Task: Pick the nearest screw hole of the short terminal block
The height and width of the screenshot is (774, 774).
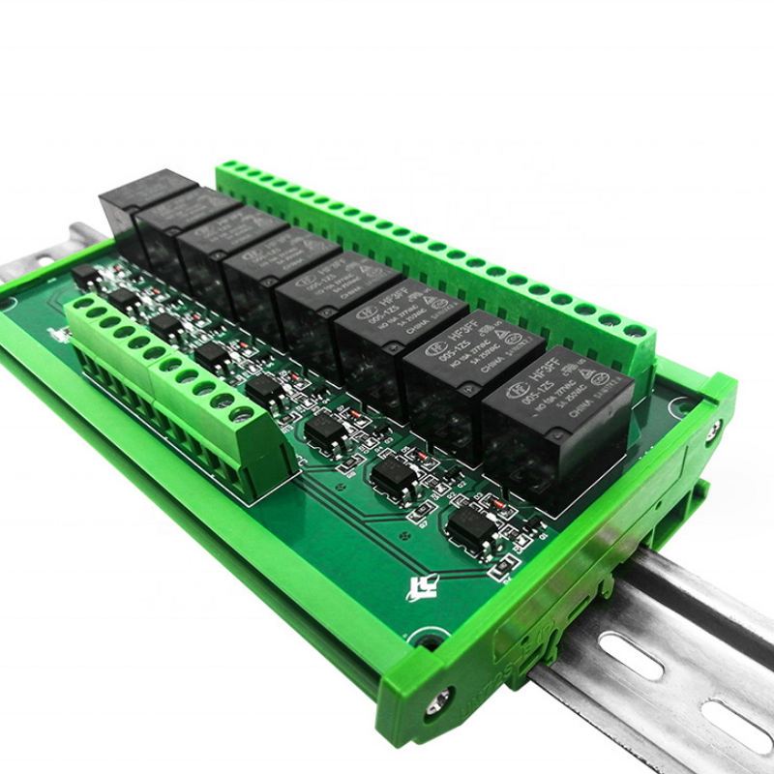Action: coord(241,416)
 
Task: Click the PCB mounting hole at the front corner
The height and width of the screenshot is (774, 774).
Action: coord(423,639)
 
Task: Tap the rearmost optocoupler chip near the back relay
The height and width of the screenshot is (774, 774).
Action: coord(85,274)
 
